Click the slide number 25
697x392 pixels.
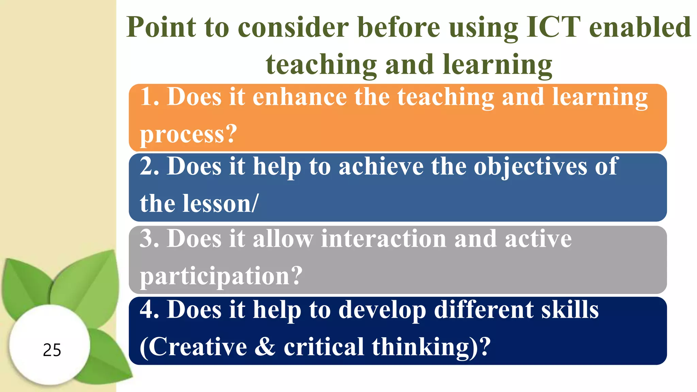click(x=52, y=350)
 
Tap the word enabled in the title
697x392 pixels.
click(x=640, y=27)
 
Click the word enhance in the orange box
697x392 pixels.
click(x=299, y=97)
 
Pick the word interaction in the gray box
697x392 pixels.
click(x=383, y=239)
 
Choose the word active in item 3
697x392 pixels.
click(x=538, y=239)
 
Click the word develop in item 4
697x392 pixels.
click(x=382, y=310)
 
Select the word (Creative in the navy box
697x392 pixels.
click(x=193, y=347)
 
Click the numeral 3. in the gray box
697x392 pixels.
click(x=150, y=239)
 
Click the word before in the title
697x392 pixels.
click(x=399, y=27)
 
